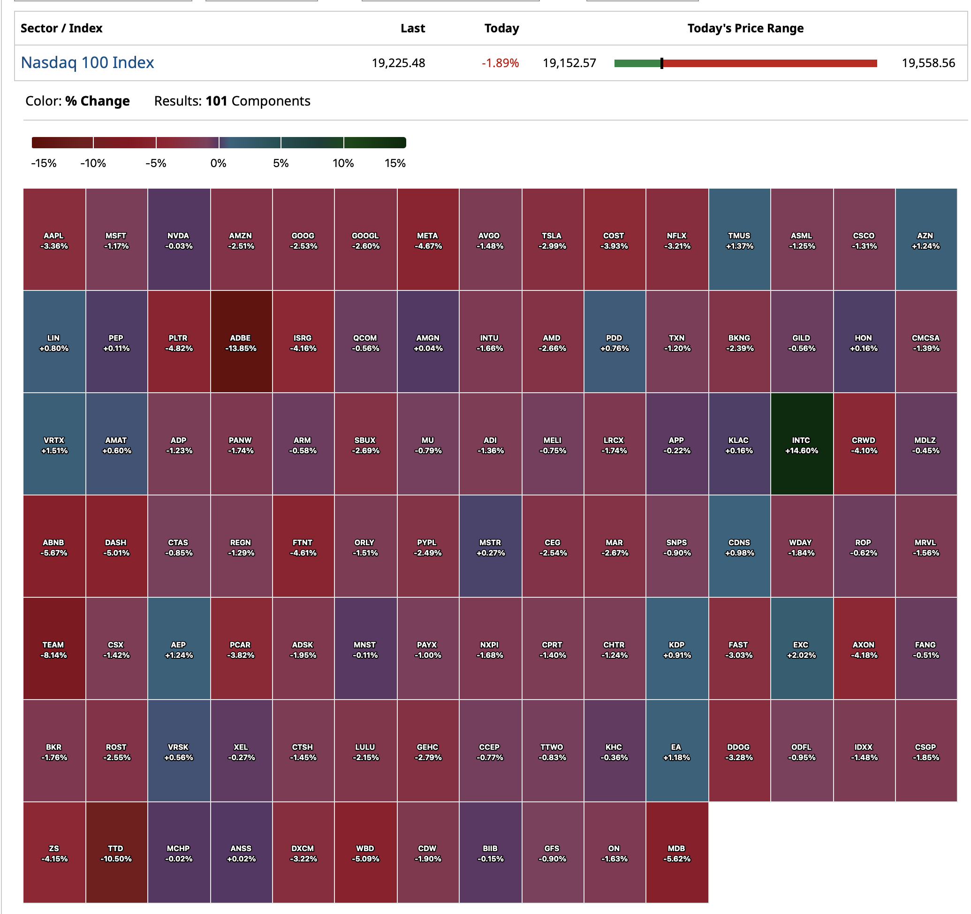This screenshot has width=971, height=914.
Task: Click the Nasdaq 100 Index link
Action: [x=87, y=62]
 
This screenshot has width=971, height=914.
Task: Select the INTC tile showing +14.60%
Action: [x=802, y=444]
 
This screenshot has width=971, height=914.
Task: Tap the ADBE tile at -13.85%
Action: [x=241, y=342]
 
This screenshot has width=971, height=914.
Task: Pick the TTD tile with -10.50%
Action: [x=116, y=853]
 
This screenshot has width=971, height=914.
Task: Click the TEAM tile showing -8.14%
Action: [x=54, y=649]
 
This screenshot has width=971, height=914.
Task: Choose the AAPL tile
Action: [x=54, y=240]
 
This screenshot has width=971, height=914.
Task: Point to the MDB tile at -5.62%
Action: [x=677, y=853]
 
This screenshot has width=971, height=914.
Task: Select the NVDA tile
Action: [x=179, y=240]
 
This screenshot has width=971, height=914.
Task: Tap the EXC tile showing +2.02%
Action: [x=802, y=649]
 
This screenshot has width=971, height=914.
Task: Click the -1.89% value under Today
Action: [x=500, y=63]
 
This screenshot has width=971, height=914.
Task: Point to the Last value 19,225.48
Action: [x=398, y=63]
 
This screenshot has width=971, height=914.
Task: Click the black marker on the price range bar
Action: [x=662, y=63]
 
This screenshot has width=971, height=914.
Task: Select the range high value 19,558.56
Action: [x=928, y=63]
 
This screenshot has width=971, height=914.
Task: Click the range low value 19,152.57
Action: [x=569, y=63]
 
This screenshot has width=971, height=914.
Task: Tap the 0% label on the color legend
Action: [x=218, y=163]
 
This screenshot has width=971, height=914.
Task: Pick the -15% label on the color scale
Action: [x=44, y=163]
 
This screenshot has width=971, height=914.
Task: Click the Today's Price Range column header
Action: [x=745, y=28]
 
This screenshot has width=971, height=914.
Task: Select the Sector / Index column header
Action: [x=61, y=28]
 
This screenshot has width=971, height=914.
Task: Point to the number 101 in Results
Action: [x=216, y=101]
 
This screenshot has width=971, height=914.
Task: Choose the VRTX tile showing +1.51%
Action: [x=54, y=444]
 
